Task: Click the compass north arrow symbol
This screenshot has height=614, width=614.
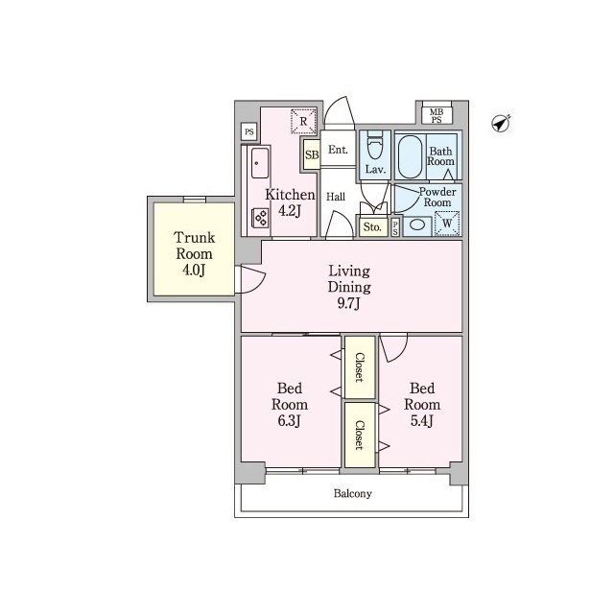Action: tap(501, 124)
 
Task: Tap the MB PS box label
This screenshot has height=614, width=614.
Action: tap(437, 116)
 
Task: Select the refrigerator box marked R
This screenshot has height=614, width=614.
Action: tap(303, 122)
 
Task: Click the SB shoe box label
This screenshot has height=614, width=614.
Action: tap(312, 154)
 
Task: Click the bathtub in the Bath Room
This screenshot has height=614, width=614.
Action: tap(410, 156)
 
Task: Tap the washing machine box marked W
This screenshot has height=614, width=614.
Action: tap(447, 224)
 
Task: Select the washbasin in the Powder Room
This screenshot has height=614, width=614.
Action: tap(417, 224)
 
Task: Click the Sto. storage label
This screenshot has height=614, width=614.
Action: tap(372, 226)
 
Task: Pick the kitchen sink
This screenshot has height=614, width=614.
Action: tap(260, 163)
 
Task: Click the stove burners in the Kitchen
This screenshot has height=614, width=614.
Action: tap(260, 218)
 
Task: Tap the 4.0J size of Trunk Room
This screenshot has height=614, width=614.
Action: tap(194, 271)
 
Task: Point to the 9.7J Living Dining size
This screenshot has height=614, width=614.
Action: tap(349, 303)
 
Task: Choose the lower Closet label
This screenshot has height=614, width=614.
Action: tap(360, 435)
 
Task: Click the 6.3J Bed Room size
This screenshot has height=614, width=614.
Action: tap(289, 421)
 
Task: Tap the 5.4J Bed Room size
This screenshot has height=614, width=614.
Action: tap(422, 421)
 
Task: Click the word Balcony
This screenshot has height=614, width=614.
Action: tap(352, 494)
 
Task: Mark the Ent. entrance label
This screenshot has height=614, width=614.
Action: tap(338, 150)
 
